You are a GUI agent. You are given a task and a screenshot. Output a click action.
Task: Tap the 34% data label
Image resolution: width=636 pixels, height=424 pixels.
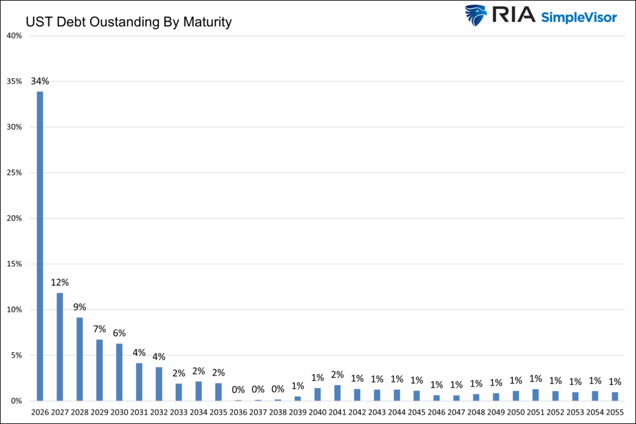click(40, 81)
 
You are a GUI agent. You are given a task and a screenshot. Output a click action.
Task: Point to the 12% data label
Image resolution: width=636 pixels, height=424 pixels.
click(60, 282)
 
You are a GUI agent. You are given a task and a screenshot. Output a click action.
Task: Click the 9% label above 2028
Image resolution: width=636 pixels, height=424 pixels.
click(79, 307)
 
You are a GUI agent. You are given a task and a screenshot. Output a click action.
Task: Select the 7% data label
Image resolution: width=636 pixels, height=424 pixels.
click(99, 328)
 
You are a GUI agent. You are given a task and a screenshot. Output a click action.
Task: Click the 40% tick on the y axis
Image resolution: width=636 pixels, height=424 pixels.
click(14, 36)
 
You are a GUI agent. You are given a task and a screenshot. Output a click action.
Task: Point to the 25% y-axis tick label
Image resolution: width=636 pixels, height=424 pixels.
click(14, 173)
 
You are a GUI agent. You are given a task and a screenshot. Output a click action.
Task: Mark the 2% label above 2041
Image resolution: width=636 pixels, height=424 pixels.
click(337, 374)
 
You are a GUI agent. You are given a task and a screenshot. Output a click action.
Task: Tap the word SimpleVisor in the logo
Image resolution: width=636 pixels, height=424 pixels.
click(579, 17)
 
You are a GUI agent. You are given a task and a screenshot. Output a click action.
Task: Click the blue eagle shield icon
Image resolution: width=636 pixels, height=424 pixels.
click(476, 16)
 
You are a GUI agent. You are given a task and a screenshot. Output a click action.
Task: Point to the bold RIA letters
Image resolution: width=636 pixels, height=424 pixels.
click(513, 16)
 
